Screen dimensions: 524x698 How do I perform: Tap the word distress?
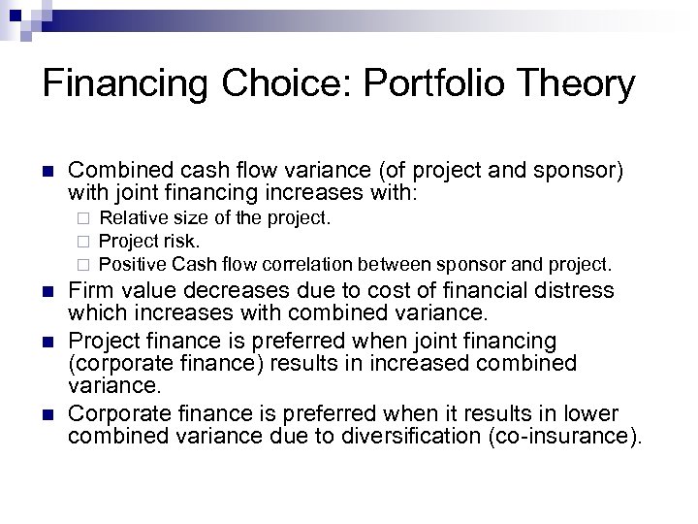(x=571, y=289)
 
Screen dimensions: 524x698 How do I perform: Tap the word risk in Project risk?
(x=182, y=240)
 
